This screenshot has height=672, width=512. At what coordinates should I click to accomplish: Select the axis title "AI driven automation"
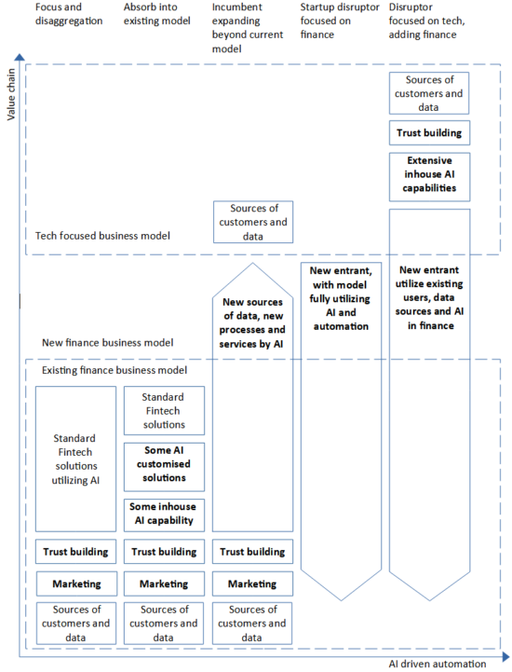[x=437, y=664]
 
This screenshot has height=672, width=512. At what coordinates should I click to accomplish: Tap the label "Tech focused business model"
[x=102, y=236]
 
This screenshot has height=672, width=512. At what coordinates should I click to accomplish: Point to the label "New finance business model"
[x=106, y=343]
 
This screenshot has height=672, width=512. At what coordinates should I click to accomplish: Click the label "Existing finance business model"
[x=114, y=370]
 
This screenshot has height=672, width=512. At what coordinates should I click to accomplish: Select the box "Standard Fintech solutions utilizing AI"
[x=76, y=459]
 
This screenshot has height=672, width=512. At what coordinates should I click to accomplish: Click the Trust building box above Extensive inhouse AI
[x=429, y=133]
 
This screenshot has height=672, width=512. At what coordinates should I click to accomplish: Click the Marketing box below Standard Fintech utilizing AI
[x=76, y=583]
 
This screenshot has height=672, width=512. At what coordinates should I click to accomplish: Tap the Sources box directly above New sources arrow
[x=252, y=222]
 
